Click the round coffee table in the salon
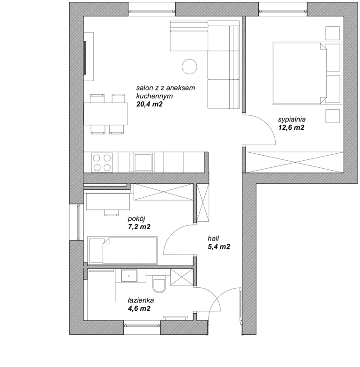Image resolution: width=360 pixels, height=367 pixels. point(189,67)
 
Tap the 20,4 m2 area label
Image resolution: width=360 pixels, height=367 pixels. point(150,104)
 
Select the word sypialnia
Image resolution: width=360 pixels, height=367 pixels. point(292,120)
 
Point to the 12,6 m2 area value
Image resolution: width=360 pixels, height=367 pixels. point(291,127)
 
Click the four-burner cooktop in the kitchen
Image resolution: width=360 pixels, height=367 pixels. point(102,163)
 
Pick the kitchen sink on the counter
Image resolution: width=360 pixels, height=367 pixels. point(143,162)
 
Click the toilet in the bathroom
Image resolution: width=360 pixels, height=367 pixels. point(159,284)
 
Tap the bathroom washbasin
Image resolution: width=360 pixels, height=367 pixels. point(129,276)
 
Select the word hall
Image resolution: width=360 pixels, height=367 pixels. point(213,239)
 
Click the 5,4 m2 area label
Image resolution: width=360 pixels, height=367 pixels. point(219,247)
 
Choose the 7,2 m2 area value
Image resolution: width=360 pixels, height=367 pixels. point(139,227)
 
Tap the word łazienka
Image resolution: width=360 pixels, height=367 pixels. point(141,300)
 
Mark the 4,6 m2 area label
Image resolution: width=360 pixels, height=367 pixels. point(139,308)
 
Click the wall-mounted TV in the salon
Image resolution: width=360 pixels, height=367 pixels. point(85,58)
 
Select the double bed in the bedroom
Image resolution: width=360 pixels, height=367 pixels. point(307,73)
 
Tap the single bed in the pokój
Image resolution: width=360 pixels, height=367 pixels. point(122,250)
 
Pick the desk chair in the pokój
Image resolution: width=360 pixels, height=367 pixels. point(111,212)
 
